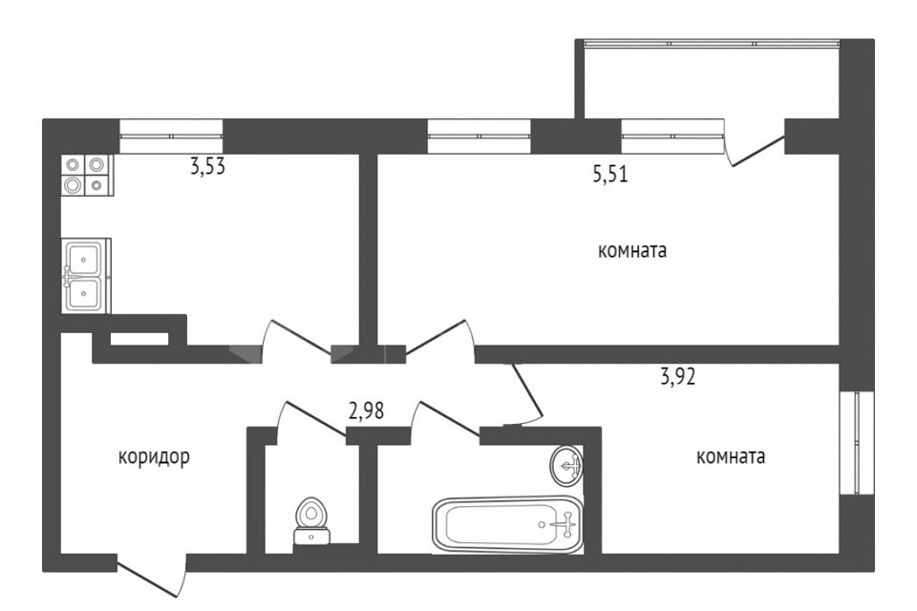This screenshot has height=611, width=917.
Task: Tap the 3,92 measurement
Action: click(677, 375)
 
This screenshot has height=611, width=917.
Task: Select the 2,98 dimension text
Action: click(368, 411)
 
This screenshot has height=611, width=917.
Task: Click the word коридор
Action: click(154, 456)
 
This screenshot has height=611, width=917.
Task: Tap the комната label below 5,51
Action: click(631, 252)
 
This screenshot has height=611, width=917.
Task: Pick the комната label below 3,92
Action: click(732, 456)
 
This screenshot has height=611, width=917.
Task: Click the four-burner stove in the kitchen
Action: click(85, 176)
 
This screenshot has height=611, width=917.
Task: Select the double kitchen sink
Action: click(86, 276)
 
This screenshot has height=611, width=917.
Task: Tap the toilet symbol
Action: click(309, 519)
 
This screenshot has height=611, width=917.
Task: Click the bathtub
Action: click(507, 524)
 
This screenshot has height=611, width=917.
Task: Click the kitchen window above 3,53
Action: click(171, 136)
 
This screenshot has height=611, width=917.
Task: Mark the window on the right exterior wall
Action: click(857, 441)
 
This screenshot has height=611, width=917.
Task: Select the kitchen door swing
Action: click(296, 334)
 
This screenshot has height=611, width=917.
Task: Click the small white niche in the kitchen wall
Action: click(139, 338)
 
